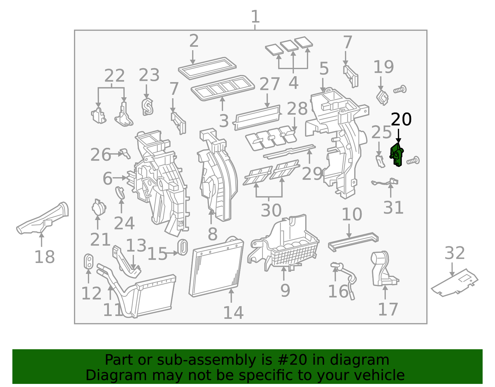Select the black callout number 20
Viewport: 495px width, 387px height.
coord(401,120)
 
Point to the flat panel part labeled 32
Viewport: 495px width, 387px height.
coord(455,282)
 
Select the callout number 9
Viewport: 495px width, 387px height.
coord(285,291)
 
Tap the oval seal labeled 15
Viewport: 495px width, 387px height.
coord(183,247)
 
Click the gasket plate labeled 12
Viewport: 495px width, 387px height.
coord(88,261)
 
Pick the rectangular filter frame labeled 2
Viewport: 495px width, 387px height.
coord(207,68)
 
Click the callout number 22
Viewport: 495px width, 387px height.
coord(114,76)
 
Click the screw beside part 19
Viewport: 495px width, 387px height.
coord(400,90)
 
